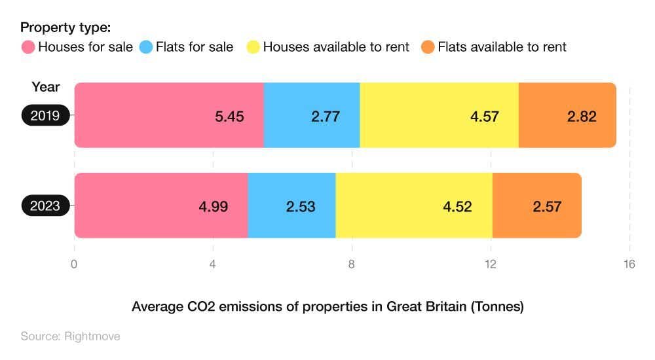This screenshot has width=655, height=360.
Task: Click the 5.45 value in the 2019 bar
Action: (229, 117)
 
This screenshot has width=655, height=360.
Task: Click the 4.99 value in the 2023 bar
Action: (214, 206)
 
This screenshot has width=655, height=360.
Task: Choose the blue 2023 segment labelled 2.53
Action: (291, 206)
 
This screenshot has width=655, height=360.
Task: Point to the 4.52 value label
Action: (457, 206)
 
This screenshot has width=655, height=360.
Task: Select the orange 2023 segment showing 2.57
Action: (536, 206)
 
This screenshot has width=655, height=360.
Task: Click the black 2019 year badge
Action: (45, 116)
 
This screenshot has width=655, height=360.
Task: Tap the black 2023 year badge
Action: (45, 206)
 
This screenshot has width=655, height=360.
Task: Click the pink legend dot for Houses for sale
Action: (28, 47)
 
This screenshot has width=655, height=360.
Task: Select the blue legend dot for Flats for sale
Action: (145, 47)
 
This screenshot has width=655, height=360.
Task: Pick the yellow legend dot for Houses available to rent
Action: (253, 47)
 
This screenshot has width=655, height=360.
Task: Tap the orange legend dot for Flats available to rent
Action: (428, 47)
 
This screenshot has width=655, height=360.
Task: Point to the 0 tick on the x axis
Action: (74, 264)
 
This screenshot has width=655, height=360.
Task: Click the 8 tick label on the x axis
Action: (352, 264)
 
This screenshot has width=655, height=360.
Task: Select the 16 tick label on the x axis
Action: (629, 264)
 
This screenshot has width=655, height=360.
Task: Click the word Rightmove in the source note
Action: (92, 336)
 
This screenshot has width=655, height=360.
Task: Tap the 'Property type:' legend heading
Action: (65, 27)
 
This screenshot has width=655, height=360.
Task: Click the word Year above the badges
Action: (45, 87)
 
